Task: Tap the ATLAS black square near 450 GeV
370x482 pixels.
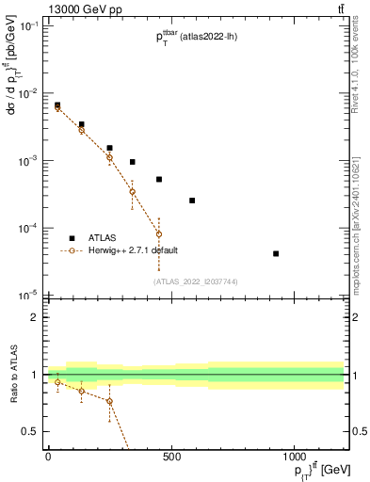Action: (159, 179)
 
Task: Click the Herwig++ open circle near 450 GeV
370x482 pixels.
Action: (159, 233)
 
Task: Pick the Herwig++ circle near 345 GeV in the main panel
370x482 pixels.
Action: (133, 192)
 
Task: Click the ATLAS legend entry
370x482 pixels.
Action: (102, 238)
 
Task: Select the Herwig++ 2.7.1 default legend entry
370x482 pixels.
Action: (133, 250)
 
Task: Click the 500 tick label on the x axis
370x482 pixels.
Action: (171, 457)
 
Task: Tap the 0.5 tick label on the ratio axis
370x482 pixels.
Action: (31, 431)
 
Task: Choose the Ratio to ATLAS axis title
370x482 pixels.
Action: (12, 375)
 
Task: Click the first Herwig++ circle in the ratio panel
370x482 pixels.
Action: (58, 382)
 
